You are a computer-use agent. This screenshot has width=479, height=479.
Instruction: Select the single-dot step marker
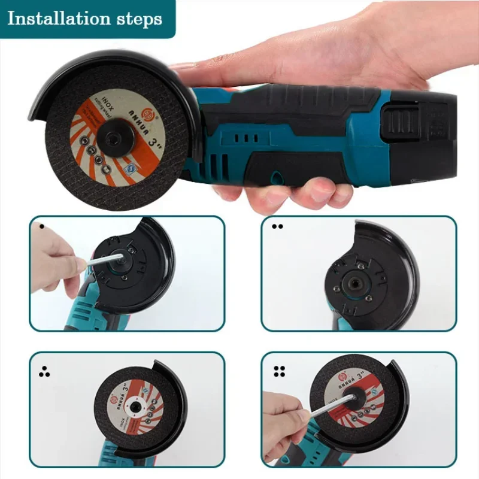41,226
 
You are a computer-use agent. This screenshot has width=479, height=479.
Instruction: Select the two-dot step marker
277,226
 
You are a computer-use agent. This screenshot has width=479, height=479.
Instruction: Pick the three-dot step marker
44,372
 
